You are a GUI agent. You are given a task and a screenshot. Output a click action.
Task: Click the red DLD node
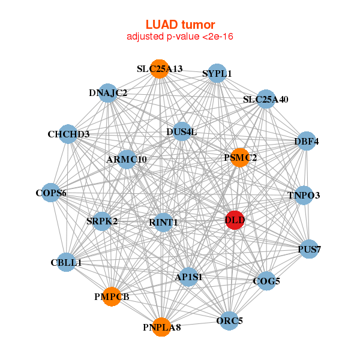click(x=235, y=220)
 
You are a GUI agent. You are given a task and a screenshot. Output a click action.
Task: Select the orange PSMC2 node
click(x=239, y=158)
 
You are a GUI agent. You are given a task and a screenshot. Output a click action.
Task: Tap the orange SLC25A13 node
click(x=159, y=69)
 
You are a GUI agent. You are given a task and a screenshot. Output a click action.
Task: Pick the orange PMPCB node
click(x=112, y=296)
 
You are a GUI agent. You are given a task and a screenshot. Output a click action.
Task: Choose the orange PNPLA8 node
click(x=161, y=327)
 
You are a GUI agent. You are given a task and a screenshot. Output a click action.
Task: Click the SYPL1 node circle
click(x=217, y=74)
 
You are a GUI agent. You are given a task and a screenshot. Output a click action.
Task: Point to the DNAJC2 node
click(x=108, y=93)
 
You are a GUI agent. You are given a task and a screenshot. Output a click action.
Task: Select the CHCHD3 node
click(x=68, y=134)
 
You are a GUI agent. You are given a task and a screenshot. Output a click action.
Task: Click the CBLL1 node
click(x=66, y=262)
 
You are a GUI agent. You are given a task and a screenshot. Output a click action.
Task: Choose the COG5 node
click(x=267, y=280)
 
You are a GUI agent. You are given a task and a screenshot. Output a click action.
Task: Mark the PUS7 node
click(x=308, y=249)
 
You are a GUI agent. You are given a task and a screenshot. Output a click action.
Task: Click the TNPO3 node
click(x=304, y=195)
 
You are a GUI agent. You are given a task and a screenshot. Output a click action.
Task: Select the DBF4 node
click(x=306, y=142)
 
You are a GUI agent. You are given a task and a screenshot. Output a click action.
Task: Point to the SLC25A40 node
click(x=265, y=99)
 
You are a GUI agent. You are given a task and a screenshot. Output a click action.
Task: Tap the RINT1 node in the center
click(x=163, y=223)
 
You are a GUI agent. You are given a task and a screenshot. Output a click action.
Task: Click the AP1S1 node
click(x=189, y=277)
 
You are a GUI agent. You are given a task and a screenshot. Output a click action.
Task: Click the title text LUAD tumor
click(x=180, y=25)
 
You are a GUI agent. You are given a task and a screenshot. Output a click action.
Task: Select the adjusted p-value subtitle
click(x=180, y=37)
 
